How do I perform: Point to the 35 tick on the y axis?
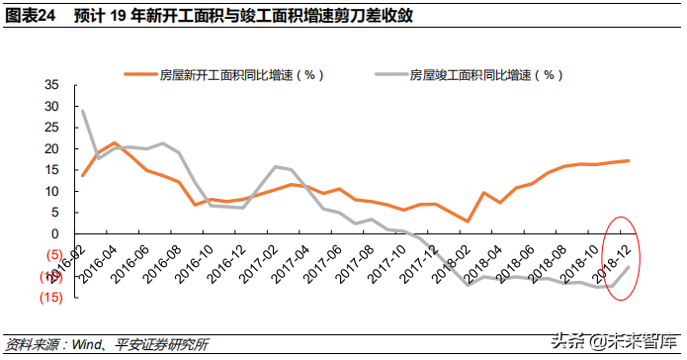point(52,85)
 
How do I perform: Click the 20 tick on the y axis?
point(52,148)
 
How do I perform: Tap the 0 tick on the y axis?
point(55,233)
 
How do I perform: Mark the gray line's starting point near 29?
point(83,111)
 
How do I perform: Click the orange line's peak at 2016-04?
point(115,143)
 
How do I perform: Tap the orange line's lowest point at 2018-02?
point(468,222)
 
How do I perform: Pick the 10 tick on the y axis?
point(52,191)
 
